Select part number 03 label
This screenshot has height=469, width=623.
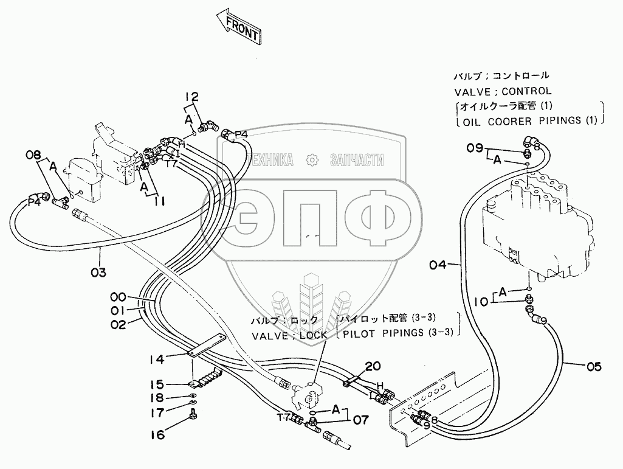(99, 271)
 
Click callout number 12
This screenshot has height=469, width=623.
(192, 96)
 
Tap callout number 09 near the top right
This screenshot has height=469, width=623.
(475, 147)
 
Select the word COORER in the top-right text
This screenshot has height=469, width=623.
(498, 120)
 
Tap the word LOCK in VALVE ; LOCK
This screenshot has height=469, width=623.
(314, 335)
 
